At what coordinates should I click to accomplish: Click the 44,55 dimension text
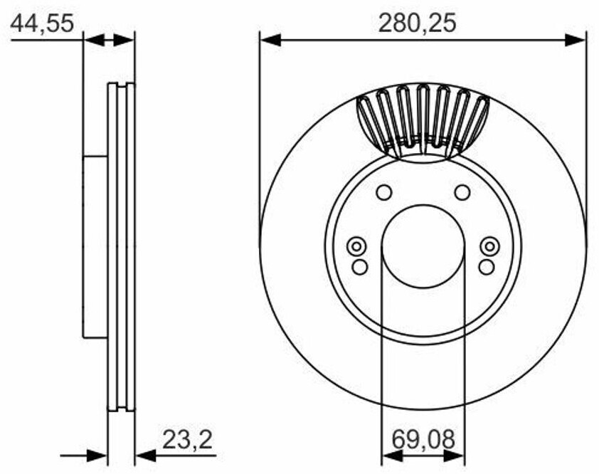42,23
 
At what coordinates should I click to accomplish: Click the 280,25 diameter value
417,23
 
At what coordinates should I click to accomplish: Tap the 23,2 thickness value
187,440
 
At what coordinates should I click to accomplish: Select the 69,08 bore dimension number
423,440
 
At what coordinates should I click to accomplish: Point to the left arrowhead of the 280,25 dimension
270,40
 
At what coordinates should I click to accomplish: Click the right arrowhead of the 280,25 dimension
575,40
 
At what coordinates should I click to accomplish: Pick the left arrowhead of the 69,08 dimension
392,455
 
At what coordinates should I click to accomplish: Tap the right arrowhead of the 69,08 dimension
454,455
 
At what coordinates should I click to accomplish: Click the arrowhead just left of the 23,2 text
146,455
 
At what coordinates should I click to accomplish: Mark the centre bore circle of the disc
423,246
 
